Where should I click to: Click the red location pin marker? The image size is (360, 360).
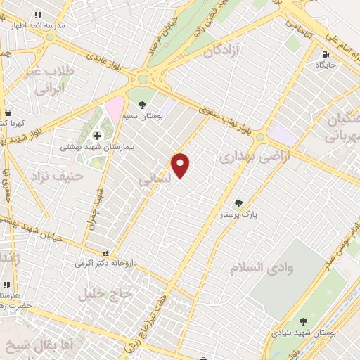pos(181,165)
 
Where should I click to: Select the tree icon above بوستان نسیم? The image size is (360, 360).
pos(143,105)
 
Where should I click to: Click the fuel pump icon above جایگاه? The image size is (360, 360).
pos(325,54)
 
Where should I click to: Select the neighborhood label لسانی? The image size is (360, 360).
pos(155,181)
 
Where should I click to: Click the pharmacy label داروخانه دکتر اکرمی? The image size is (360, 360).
pos(105,264)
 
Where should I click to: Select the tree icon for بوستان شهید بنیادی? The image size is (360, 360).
pos(303,321)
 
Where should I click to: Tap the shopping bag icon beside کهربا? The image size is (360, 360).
pos(8,112)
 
